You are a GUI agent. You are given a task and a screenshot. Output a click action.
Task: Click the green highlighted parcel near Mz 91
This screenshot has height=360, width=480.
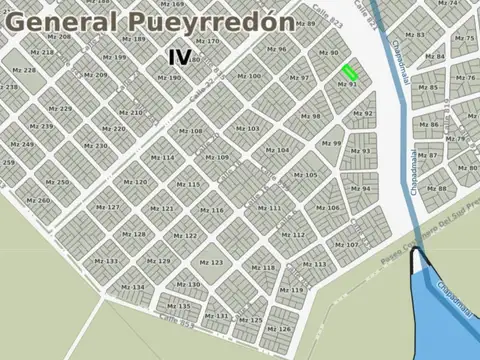coord(350,72)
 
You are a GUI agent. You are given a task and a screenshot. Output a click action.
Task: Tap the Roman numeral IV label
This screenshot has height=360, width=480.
coord(181,57)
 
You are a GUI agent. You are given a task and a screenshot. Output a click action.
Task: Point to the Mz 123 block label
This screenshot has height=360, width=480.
coord(211,262)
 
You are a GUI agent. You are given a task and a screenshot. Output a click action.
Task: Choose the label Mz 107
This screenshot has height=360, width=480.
coord(346,245)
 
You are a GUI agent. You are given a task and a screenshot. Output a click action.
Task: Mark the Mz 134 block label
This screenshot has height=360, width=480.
coord(132,287)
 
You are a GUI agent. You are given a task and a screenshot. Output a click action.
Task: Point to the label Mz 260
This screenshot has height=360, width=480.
coord(37,200)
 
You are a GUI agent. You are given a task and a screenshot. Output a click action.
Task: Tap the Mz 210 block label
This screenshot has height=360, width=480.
coord(130,113)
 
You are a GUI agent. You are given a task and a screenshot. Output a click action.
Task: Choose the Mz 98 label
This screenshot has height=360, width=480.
coord(310,116)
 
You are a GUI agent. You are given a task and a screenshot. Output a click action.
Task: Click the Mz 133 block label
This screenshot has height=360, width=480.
coord(105,261)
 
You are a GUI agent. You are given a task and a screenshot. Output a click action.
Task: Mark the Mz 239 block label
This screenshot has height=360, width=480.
coord(41,126)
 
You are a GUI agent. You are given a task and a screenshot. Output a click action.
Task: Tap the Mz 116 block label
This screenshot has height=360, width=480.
coord(212,210)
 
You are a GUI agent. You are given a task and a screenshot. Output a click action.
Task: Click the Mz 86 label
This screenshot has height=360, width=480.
coord(427,125)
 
